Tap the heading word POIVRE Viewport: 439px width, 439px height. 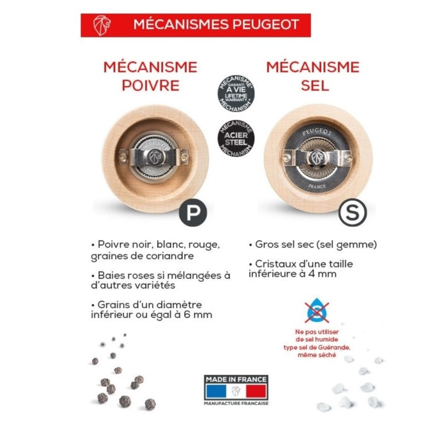point(150,85)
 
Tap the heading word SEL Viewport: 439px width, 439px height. point(314,85)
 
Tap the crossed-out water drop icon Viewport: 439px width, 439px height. point(316,312)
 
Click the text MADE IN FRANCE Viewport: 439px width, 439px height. point(235,379)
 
